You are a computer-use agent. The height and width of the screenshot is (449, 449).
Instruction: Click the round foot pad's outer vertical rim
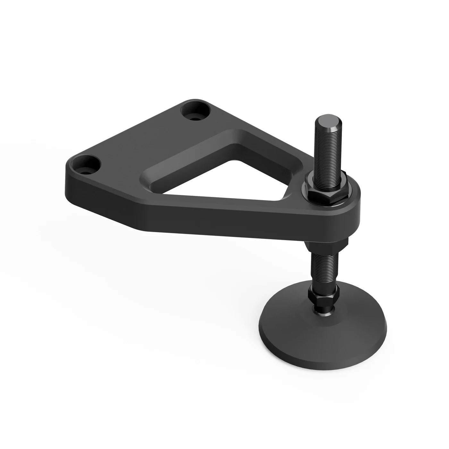click(324, 348)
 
